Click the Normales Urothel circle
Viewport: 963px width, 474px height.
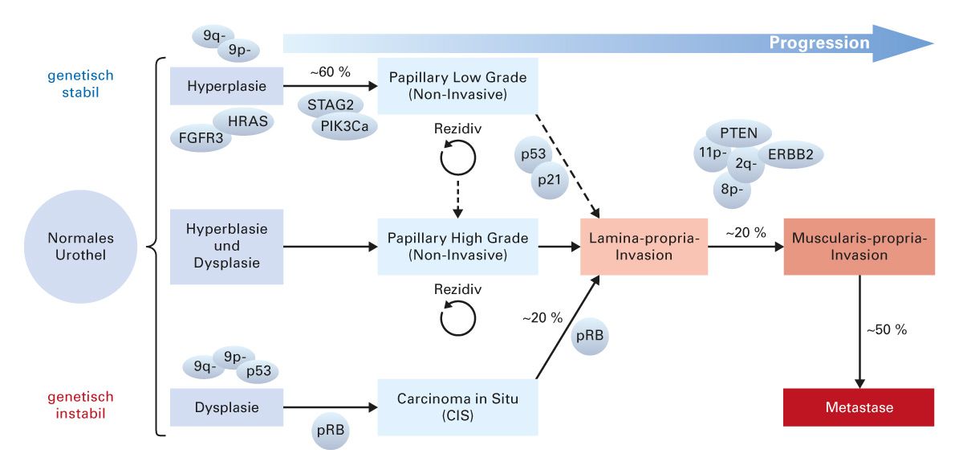81,247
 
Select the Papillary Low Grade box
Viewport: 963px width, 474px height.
457,85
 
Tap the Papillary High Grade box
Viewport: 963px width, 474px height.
457,247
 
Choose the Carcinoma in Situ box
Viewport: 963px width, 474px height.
457,407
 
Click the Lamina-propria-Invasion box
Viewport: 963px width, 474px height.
644,247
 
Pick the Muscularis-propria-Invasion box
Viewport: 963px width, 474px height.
859,247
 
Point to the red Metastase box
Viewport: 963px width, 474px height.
859,407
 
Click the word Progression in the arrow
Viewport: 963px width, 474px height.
819,43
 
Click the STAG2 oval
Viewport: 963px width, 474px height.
330,104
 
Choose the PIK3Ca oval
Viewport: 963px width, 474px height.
344,126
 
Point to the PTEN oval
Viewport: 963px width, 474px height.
737,132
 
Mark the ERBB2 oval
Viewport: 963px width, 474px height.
790,155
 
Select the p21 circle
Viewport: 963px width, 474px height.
550,182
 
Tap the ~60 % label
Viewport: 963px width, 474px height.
330,72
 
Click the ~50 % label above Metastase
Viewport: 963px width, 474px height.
886,329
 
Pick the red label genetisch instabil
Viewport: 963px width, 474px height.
80,406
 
